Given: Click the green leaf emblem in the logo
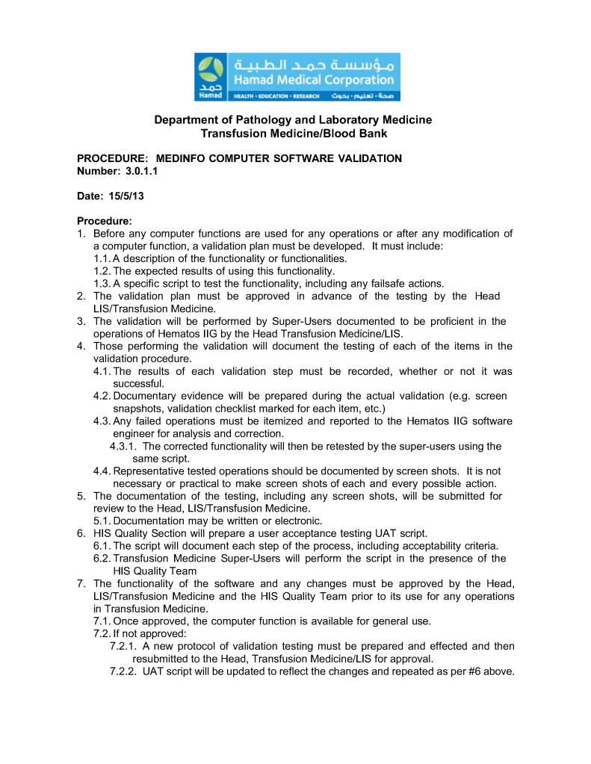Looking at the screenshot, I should tap(211, 71).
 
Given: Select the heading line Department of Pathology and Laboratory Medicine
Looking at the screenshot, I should tap(293, 120).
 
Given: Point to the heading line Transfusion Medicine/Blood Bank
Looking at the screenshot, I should tap(294, 133).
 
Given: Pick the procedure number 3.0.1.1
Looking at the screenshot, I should tap(141, 171).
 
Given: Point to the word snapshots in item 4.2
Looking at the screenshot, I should tap(136, 409).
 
